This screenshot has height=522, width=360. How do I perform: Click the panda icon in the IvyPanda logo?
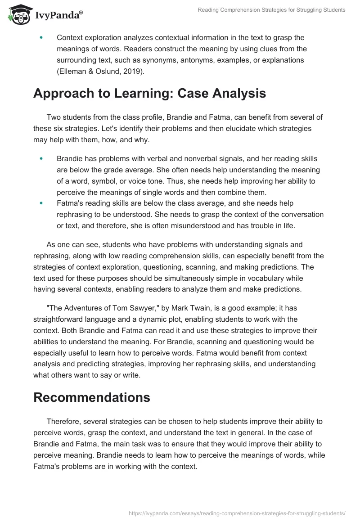point(18,15)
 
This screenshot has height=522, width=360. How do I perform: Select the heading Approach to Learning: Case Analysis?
point(149,93)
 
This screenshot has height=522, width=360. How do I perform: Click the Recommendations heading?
point(92,397)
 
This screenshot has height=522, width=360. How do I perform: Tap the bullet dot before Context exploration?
point(41,38)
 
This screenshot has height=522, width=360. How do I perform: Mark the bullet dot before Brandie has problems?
point(41,158)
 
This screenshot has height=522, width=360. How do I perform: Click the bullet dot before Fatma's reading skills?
point(41,203)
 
